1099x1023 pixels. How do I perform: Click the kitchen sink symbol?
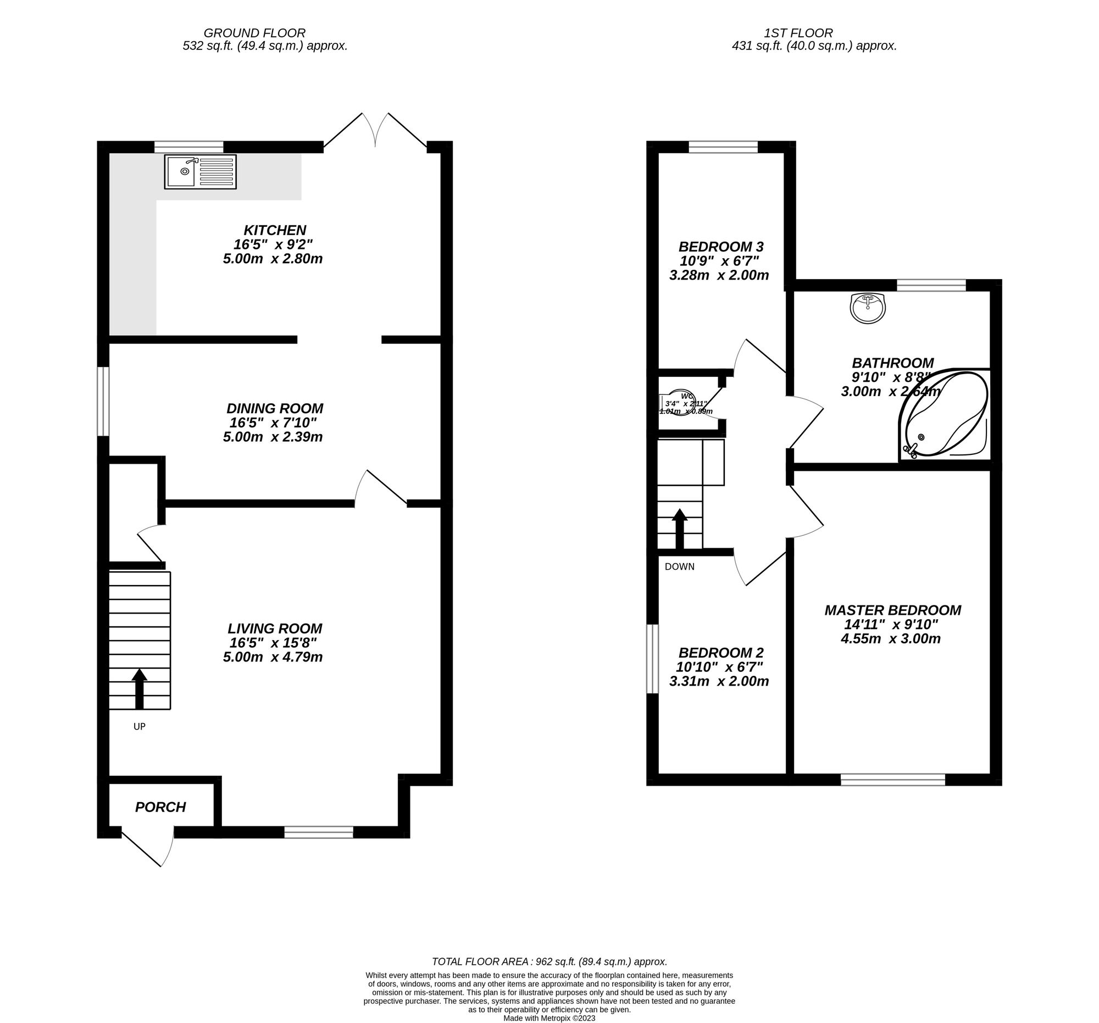click(200, 171)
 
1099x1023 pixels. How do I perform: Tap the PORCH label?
click(160, 807)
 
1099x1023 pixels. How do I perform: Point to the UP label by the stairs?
click(140, 726)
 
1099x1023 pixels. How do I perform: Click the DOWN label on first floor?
click(679, 566)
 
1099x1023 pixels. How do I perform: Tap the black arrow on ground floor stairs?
click(140, 688)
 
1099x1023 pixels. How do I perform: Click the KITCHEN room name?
click(275, 230)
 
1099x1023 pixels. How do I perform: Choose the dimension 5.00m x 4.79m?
click(273, 657)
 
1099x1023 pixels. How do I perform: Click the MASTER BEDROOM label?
click(893, 610)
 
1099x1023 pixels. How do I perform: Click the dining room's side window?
click(103, 401)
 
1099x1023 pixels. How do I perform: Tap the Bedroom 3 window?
click(723, 147)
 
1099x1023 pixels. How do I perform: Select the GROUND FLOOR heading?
click(254, 33)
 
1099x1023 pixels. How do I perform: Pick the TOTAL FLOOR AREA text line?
click(549, 961)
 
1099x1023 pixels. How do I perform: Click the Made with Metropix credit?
click(549, 1018)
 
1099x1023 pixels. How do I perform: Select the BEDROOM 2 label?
click(721, 653)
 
